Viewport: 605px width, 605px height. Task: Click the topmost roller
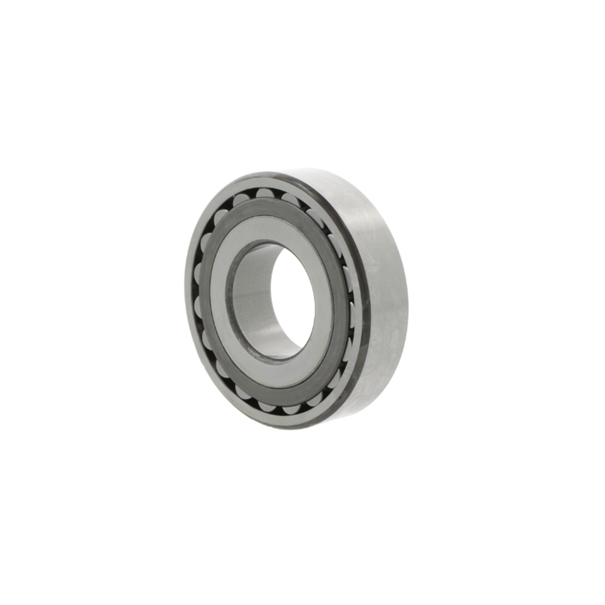264,193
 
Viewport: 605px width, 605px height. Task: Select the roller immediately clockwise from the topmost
289,198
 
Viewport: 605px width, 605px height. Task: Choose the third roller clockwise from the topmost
333,242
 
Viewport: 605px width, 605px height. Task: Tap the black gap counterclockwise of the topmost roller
252,194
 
